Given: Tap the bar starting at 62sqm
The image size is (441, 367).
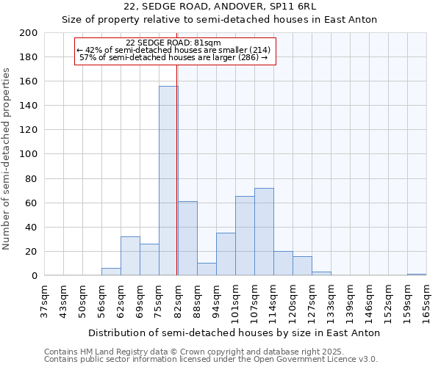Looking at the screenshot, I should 130,256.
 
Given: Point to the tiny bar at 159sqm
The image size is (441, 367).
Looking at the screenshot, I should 417,275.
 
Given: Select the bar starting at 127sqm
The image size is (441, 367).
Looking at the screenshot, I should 321,274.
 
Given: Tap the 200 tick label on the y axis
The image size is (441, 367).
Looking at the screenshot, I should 29,33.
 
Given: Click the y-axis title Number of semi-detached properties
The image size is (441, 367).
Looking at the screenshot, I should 7,159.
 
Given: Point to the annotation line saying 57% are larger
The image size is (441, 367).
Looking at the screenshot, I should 173,57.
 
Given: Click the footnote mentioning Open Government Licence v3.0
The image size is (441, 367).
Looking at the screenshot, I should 211,360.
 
